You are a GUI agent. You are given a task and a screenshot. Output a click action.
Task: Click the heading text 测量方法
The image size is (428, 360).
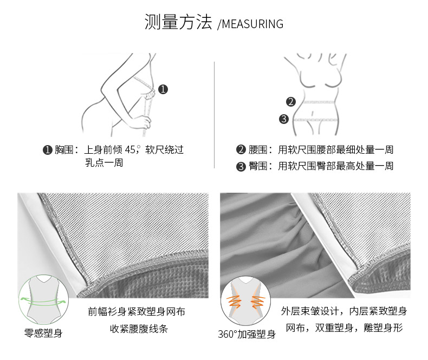pyautogui.click(x=178, y=22)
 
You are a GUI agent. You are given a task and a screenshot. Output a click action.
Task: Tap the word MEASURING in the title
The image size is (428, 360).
pyautogui.click(x=252, y=24)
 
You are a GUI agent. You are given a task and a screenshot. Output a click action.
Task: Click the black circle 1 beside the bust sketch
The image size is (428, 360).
pyautogui.click(x=163, y=89)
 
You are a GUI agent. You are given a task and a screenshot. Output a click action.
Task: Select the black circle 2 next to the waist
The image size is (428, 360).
pyautogui.click(x=291, y=102)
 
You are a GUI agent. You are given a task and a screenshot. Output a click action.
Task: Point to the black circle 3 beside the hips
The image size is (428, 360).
pyautogui.click(x=284, y=119)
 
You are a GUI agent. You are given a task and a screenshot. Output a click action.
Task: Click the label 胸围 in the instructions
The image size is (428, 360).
pyautogui.click(x=63, y=150)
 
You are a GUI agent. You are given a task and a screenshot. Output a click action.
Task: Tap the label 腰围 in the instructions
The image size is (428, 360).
pyautogui.click(x=258, y=150)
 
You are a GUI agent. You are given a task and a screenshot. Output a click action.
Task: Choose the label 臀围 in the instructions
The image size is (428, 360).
pyautogui.click(x=258, y=166)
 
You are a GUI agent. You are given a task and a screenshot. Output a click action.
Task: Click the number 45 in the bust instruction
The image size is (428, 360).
pyautogui.click(x=130, y=149)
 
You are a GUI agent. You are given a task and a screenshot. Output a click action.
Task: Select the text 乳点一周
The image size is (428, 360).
pyautogui.click(x=104, y=162)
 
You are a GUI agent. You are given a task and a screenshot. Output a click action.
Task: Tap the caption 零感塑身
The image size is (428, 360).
pyautogui.click(x=43, y=333)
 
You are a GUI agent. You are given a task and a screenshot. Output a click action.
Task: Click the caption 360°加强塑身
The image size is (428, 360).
pyautogui.click(x=247, y=334)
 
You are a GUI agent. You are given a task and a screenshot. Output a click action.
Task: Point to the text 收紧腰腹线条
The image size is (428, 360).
pyautogui.click(x=139, y=329)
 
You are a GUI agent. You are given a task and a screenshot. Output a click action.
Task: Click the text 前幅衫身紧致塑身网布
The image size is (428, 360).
pyautogui.click(x=137, y=311)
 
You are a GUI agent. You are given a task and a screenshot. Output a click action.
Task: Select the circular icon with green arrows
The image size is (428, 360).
pyautogui.click(x=43, y=299)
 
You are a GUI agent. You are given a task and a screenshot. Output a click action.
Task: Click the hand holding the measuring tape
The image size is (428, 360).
pyautogui.click(x=144, y=122)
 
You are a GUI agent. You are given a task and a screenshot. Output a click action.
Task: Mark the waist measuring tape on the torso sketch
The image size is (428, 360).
pyautogui.click(x=319, y=102)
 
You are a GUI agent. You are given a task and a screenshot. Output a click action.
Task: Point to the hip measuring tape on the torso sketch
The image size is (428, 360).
pyautogui.click(x=315, y=120)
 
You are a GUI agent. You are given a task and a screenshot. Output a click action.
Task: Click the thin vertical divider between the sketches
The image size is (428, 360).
pyautogui.click(x=215, y=115)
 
